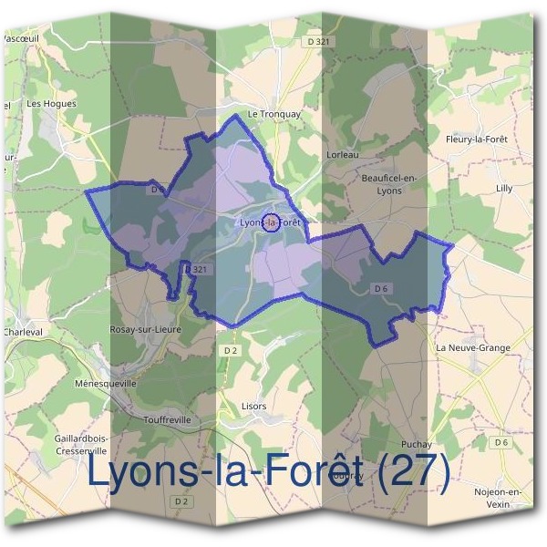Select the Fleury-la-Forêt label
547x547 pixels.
[x=476, y=139]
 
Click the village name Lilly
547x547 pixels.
[x=504, y=188]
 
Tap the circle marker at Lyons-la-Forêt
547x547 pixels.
[x=271, y=221]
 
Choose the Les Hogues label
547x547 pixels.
[x=52, y=104]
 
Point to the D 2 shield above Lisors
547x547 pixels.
[x=230, y=349]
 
